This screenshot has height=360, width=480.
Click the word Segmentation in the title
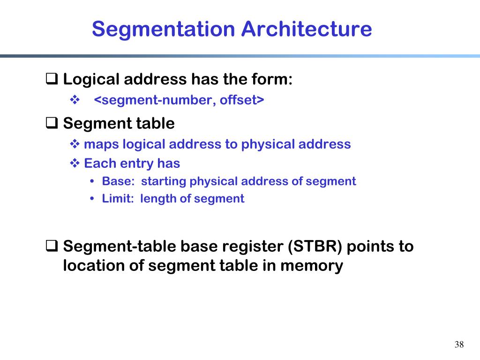click(x=164, y=29)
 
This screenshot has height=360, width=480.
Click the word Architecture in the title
click(x=307, y=29)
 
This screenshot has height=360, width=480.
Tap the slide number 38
click(x=459, y=345)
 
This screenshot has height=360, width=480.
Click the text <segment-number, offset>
click(x=180, y=100)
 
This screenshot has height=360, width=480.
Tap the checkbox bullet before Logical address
click(x=52, y=79)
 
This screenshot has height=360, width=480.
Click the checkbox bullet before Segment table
click(x=52, y=123)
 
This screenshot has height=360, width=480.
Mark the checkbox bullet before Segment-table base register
click(x=52, y=245)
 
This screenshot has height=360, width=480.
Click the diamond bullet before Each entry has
click(x=75, y=164)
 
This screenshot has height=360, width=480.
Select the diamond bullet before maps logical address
click(x=75, y=144)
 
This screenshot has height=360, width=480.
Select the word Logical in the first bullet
click(x=92, y=80)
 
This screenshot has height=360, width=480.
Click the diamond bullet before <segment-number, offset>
click(x=75, y=100)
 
